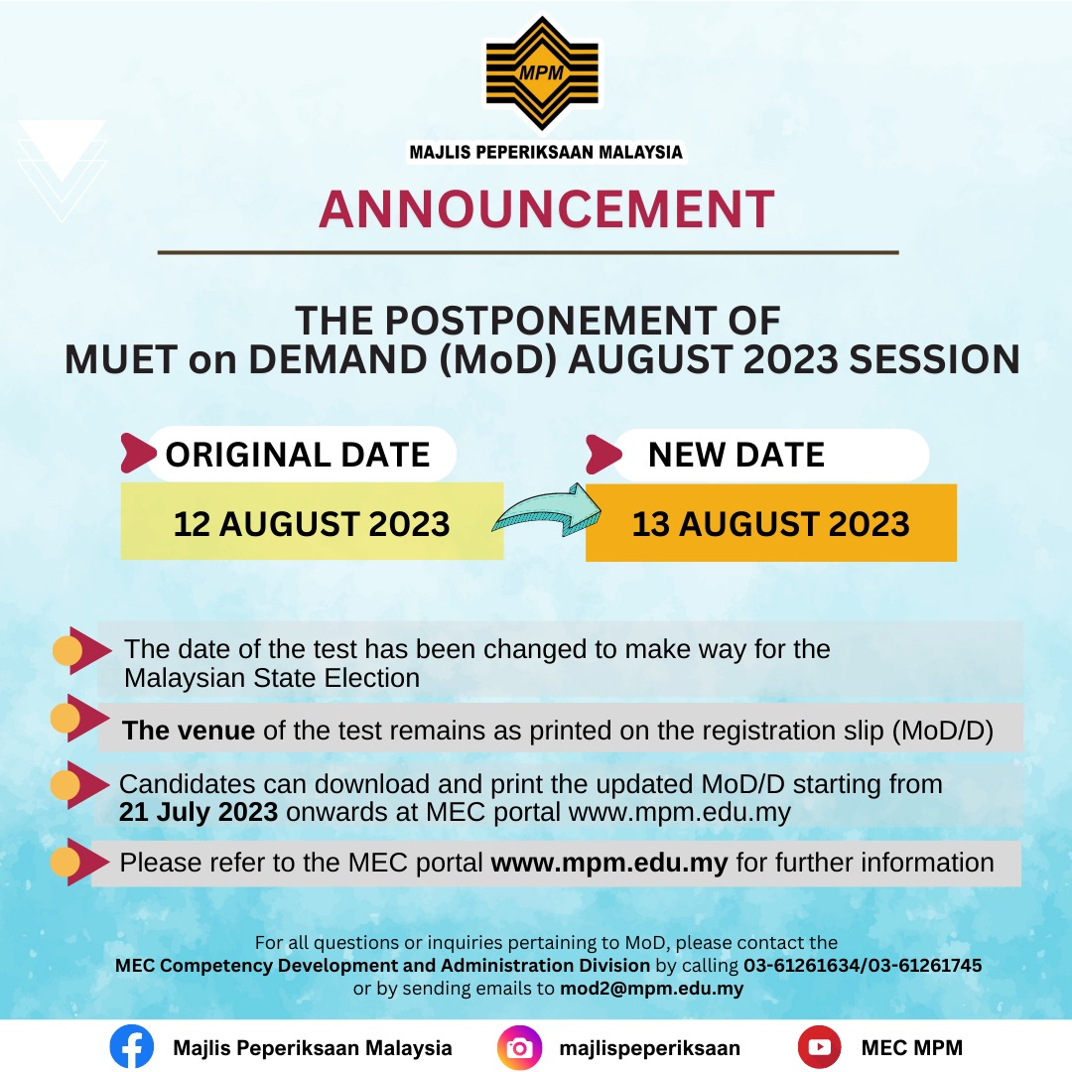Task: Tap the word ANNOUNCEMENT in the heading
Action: tap(546, 209)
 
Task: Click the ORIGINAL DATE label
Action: tap(298, 455)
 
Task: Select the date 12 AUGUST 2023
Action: tap(312, 523)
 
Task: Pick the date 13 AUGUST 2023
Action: tap(770, 523)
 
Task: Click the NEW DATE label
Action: tap(737, 455)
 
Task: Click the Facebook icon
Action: tap(132, 1047)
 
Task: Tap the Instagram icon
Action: tap(519, 1047)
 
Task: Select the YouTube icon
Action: tap(819, 1047)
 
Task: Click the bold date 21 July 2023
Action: tap(199, 812)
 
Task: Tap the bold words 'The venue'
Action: tap(189, 732)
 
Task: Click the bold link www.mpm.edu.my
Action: tap(609, 863)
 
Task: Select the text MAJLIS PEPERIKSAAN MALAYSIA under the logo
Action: tap(546, 152)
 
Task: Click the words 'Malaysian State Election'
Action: tap(272, 678)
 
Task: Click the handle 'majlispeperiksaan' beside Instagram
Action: tap(650, 1047)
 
